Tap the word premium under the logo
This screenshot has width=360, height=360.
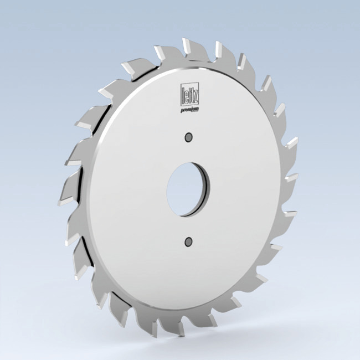(189, 110)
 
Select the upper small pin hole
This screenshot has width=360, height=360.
(189, 136)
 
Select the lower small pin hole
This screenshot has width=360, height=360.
(188, 241)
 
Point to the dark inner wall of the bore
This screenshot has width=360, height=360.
(205, 191)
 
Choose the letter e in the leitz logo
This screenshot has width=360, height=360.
(186, 95)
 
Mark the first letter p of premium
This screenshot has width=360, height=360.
(182, 110)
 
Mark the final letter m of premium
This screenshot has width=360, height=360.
(197, 109)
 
